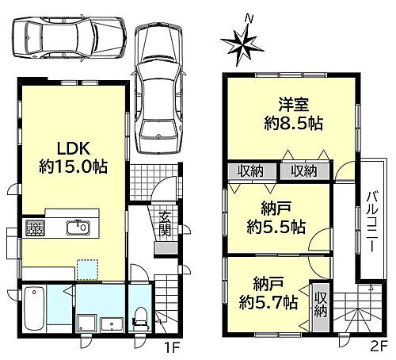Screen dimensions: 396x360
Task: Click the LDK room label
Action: click(74, 148)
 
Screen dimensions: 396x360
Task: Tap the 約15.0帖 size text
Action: click(74, 167)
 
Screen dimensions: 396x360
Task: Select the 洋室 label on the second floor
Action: click(293, 105)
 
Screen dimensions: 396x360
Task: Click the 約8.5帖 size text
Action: click(293, 123)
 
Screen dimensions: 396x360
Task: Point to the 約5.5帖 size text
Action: click(276, 227)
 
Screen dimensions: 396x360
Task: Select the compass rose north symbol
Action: click(242, 44)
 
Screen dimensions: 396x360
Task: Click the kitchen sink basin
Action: click(78, 228)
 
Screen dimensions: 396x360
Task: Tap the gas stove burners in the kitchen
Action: click(35, 228)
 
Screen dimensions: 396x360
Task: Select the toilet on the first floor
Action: click(140, 318)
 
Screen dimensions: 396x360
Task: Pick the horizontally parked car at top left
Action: click(70, 37)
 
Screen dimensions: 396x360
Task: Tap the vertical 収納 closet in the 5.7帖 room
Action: click(320, 308)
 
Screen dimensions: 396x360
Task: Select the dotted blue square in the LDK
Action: click(87, 270)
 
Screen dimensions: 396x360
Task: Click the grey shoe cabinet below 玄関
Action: click(166, 249)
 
